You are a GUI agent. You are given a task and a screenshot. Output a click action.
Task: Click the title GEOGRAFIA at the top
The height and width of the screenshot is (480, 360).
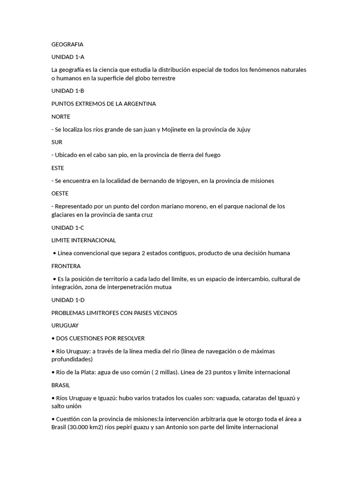tap(67, 45)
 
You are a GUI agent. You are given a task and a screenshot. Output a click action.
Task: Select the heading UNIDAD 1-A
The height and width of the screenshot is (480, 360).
tap(67, 57)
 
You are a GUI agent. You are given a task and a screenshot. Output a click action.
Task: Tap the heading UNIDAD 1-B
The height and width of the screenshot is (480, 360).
tap(67, 91)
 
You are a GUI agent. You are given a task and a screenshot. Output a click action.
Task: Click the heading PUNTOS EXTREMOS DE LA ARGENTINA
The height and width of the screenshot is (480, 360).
tap(104, 104)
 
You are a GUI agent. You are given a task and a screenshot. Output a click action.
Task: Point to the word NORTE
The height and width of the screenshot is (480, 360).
tap(60, 117)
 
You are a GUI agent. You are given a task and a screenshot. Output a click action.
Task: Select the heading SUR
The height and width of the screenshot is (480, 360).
tap(57, 142)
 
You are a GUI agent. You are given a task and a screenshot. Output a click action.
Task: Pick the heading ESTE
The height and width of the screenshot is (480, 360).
tap(58, 168)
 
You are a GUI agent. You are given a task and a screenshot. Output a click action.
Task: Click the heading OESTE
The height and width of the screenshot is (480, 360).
tap(60, 193)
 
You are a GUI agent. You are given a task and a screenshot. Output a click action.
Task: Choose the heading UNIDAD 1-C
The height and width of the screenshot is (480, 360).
tap(67, 227)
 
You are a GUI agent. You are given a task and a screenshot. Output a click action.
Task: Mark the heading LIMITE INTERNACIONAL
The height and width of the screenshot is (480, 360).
tap(83, 240)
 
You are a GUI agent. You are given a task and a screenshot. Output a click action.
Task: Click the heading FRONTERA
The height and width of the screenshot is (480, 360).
tap(66, 266)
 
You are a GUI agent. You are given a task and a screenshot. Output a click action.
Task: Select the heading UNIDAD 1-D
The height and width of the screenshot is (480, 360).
tap(68, 300)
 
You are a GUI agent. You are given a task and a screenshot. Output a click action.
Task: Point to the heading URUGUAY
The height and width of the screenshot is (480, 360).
tap(65, 325)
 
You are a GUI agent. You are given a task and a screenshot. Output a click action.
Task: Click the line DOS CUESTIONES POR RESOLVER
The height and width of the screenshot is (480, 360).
tap(100, 338)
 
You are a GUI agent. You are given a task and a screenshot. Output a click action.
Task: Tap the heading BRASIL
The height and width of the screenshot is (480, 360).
tap(60, 385)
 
